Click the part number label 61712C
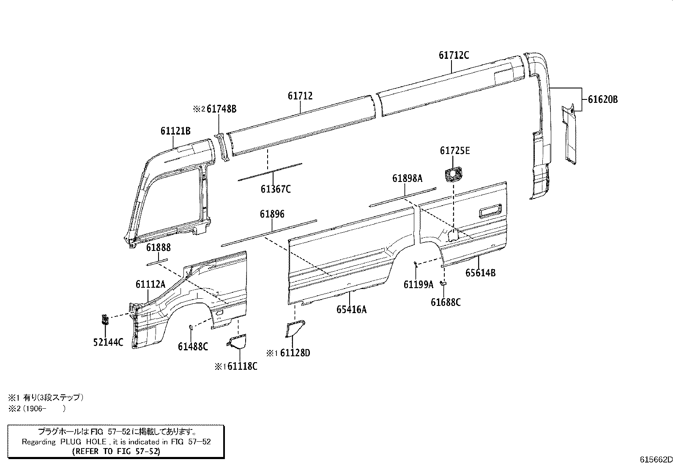pyautogui.click(x=454, y=55)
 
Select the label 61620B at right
pyautogui.click(x=603, y=99)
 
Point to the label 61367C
pyautogui.click(x=276, y=189)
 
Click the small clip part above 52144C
pyautogui.click(x=104, y=319)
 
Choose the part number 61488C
pyautogui.click(x=193, y=347)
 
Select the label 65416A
pyautogui.click(x=351, y=309)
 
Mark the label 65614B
pyautogui.click(x=480, y=273)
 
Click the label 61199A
pyautogui.click(x=418, y=285)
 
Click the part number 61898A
pyautogui.click(x=407, y=179)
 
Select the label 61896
pyautogui.click(x=272, y=214)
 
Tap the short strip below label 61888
pyautogui.click(x=157, y=261)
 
